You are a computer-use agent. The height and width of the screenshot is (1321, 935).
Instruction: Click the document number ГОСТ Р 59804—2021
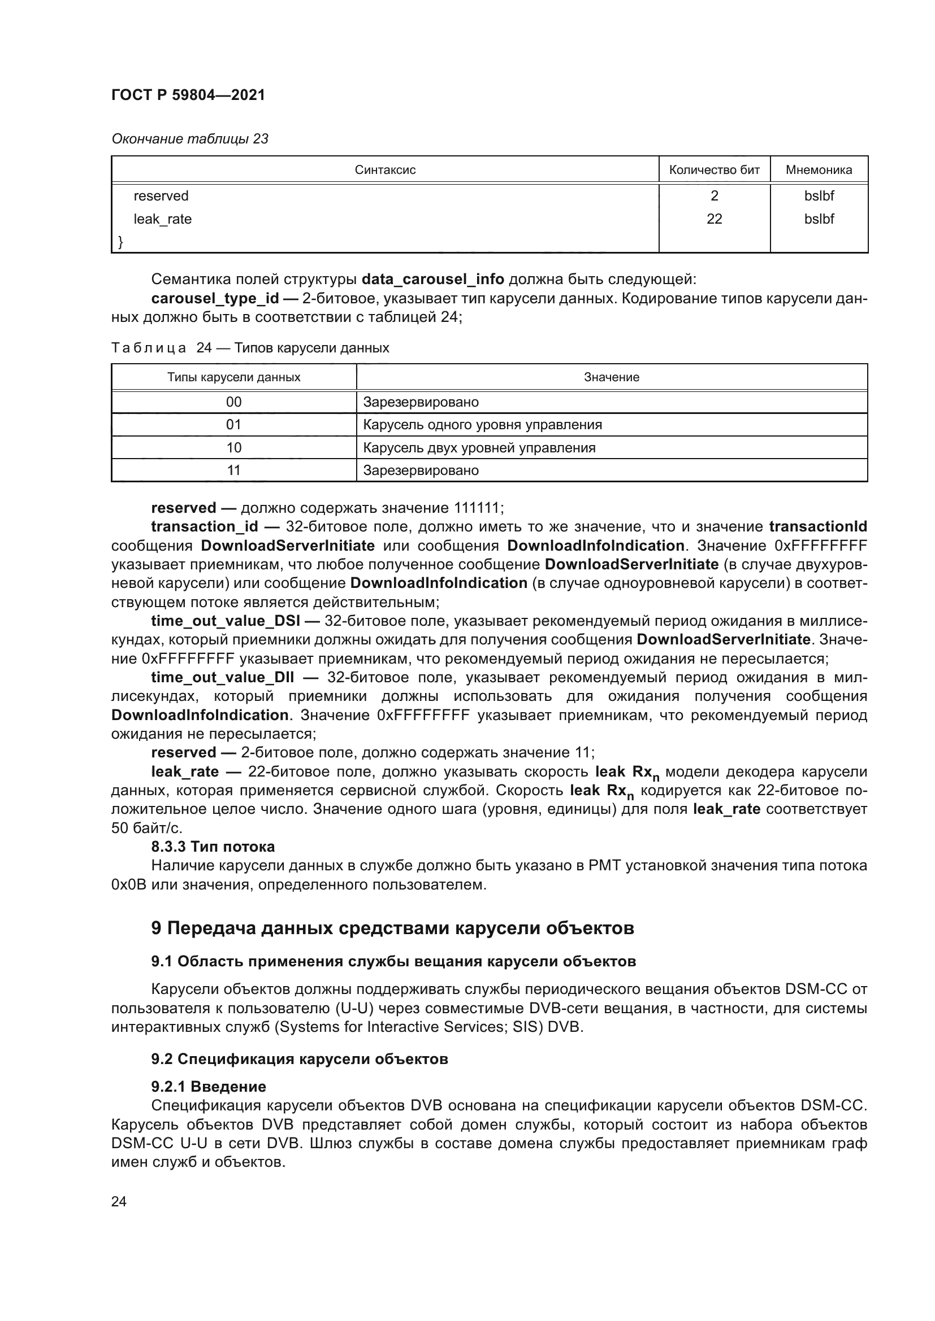(188, 95)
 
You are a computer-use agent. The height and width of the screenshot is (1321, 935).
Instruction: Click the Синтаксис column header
(384, 170)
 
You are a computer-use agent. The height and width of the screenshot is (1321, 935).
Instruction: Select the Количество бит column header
(714, 170)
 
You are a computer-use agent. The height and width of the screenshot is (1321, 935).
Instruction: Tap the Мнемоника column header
(818, 170)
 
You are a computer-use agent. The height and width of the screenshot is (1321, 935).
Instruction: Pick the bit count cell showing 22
(714, 219)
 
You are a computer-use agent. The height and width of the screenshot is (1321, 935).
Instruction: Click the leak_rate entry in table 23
(162, 219)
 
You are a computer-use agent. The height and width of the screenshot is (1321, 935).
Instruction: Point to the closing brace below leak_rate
(120, 242)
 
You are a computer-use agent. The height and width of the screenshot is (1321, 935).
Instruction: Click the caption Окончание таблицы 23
(190, 139)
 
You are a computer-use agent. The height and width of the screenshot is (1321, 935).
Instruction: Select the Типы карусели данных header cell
(234, 377)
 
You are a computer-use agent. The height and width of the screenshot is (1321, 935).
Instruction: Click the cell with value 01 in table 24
(234, 425)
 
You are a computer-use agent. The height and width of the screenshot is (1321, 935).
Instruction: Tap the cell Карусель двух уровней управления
(479, 448)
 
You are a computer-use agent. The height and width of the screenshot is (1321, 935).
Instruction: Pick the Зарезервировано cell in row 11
(421, 470)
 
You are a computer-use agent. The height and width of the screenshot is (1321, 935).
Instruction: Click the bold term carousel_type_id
(215, 298)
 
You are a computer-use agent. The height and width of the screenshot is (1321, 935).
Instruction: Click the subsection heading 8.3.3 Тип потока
(213, 847)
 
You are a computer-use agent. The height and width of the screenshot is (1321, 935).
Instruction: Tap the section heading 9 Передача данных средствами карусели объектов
(393, 928)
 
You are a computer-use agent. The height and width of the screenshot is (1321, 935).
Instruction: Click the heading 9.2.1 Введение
(209, 1087)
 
